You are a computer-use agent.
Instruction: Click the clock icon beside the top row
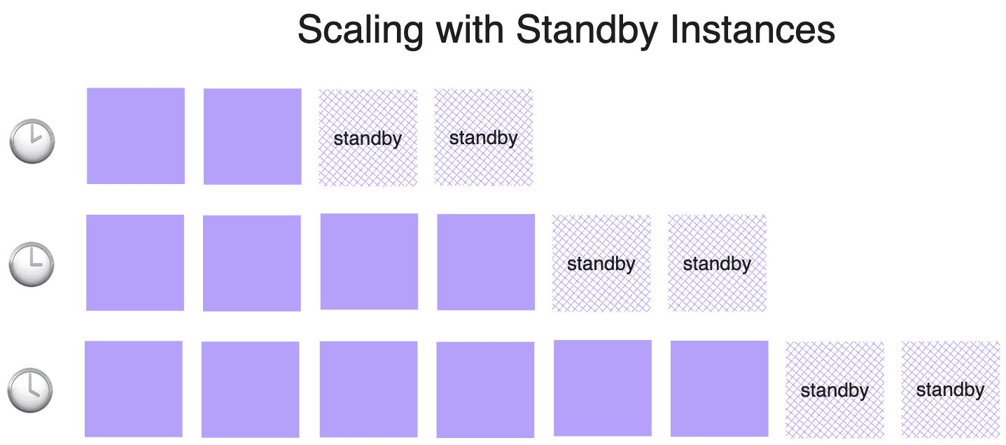coord(32,141)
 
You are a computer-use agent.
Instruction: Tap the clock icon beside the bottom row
coord(30,389)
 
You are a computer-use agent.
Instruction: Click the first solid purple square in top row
coord(136,136)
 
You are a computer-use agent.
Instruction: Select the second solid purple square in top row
coord(253,136)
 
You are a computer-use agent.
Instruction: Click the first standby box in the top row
coord(368,138)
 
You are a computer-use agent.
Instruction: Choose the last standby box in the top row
coord(484,138)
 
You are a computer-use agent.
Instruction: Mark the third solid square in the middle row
coord(369,262)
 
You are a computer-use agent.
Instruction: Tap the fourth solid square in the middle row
coord(486,262)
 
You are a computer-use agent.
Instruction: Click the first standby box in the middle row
coord(601,263)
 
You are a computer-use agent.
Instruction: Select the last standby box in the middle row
coord(717,263)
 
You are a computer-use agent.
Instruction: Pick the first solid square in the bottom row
coord(134,389)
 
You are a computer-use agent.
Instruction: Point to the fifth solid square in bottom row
coord(603,388)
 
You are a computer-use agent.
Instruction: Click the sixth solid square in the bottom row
coord(720,388)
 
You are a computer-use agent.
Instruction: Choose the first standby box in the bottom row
coord(834,390)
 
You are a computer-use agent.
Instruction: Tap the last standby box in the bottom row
coord(950,390)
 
